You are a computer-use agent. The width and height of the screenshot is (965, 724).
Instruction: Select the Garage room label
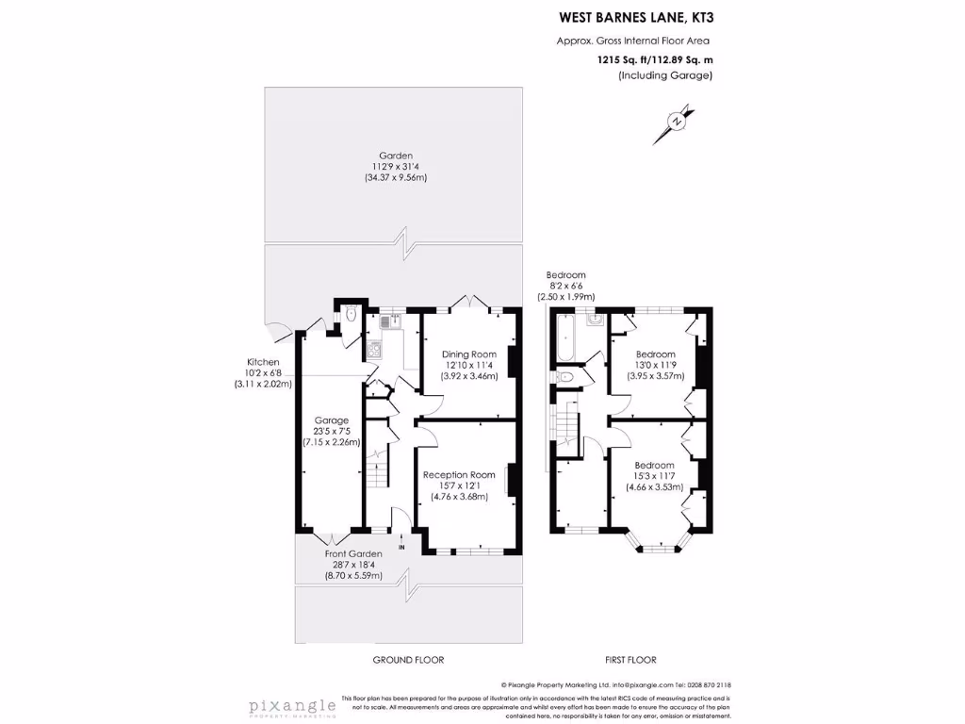point(332,420)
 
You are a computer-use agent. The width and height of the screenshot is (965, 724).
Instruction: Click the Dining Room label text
point(469,354)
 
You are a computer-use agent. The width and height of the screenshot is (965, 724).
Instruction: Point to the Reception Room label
point(459,474)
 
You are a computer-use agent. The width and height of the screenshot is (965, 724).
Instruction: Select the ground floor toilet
point(350,316)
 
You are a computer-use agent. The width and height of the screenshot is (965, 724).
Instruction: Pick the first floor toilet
point(564,377)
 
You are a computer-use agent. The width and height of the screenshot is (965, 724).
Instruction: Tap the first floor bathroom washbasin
point(594,321)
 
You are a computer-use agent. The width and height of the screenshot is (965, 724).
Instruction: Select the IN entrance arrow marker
point(401,542)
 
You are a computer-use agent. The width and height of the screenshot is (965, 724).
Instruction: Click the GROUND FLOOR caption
point(408,660)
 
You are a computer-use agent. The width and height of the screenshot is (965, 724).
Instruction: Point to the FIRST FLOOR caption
point(630,660)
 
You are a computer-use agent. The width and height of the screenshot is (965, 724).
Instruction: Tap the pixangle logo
point(292,706)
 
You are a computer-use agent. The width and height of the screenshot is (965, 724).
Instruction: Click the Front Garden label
point(354,553)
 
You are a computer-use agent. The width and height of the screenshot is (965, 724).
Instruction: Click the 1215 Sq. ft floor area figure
point(628,58)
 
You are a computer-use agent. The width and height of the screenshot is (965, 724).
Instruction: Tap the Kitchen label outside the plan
point(263,362)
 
